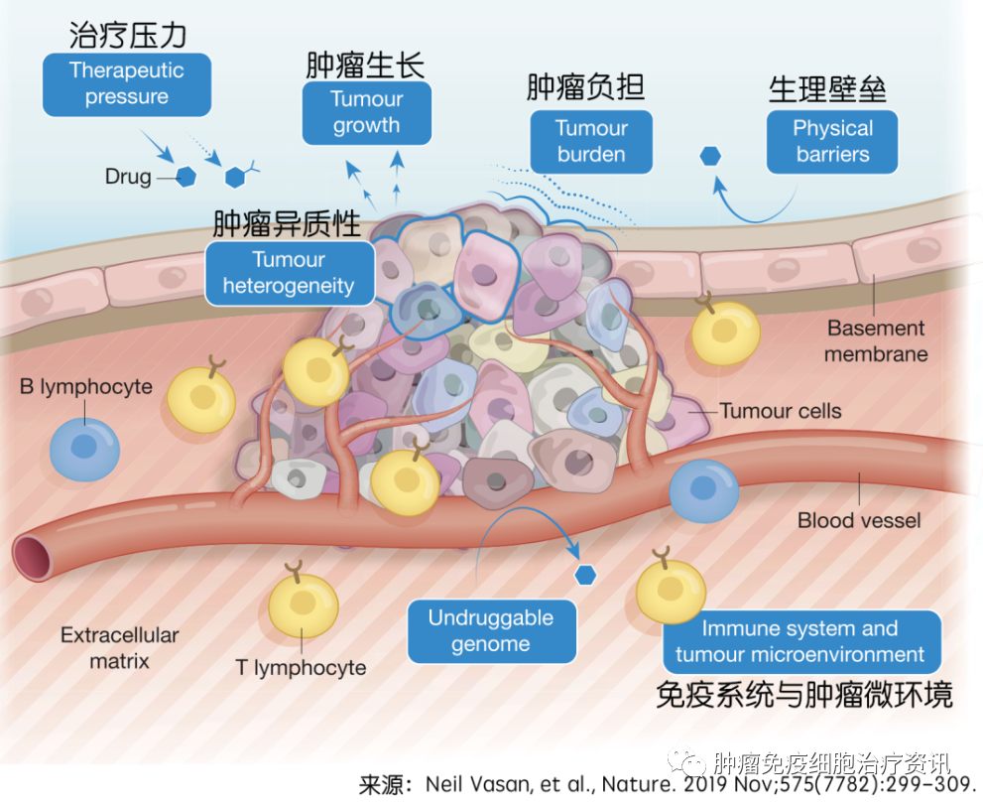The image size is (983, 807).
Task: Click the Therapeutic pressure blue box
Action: pos(127,84)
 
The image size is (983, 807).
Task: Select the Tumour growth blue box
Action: pos(366,113)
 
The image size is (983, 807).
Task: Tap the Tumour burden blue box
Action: pos(591,142)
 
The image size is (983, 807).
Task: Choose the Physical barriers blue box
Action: pos(832,142)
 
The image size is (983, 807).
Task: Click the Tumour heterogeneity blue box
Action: pos(289,273)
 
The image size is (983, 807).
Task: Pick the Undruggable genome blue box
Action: pos(491,631)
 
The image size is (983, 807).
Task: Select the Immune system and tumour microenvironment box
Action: pos(800,641)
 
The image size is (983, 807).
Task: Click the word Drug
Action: pos(128,178)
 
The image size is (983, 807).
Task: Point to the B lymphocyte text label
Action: pos(86,386)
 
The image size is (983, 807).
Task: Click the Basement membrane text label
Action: pos(876,340)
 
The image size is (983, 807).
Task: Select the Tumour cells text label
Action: pos(781,410)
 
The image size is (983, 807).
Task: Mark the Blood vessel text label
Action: pos(859,520)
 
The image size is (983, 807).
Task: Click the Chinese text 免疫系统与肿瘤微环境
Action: pos(804,694)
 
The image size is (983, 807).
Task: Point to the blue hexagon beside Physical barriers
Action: pos(710,156)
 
